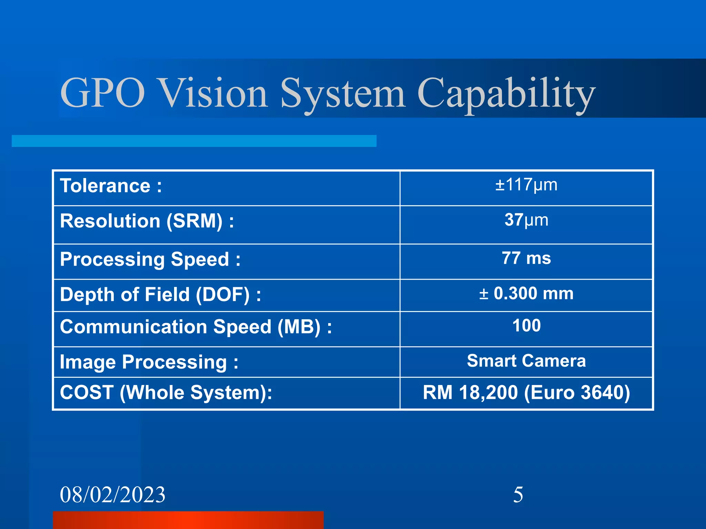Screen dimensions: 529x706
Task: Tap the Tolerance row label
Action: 111,186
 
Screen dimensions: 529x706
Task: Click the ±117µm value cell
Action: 526,185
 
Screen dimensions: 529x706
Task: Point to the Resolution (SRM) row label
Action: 147,221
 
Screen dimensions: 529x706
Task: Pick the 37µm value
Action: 526,220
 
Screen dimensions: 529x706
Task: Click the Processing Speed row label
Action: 150,259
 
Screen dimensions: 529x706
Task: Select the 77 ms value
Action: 526,258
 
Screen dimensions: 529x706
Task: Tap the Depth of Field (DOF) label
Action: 160,295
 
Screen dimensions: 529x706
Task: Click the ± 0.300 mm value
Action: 526,294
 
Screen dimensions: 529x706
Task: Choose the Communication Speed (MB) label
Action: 195,327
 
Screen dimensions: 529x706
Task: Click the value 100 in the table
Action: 526,326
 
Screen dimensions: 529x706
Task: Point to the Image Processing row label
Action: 149,362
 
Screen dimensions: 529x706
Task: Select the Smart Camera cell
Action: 526,361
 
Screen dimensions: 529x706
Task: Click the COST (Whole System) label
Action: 166,393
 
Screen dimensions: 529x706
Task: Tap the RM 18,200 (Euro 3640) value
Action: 526,393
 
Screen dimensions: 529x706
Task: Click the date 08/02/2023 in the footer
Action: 112,495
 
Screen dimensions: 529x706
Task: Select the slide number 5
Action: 518,495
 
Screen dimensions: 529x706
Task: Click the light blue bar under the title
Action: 194,141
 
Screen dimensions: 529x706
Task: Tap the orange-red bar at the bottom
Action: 188,520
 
